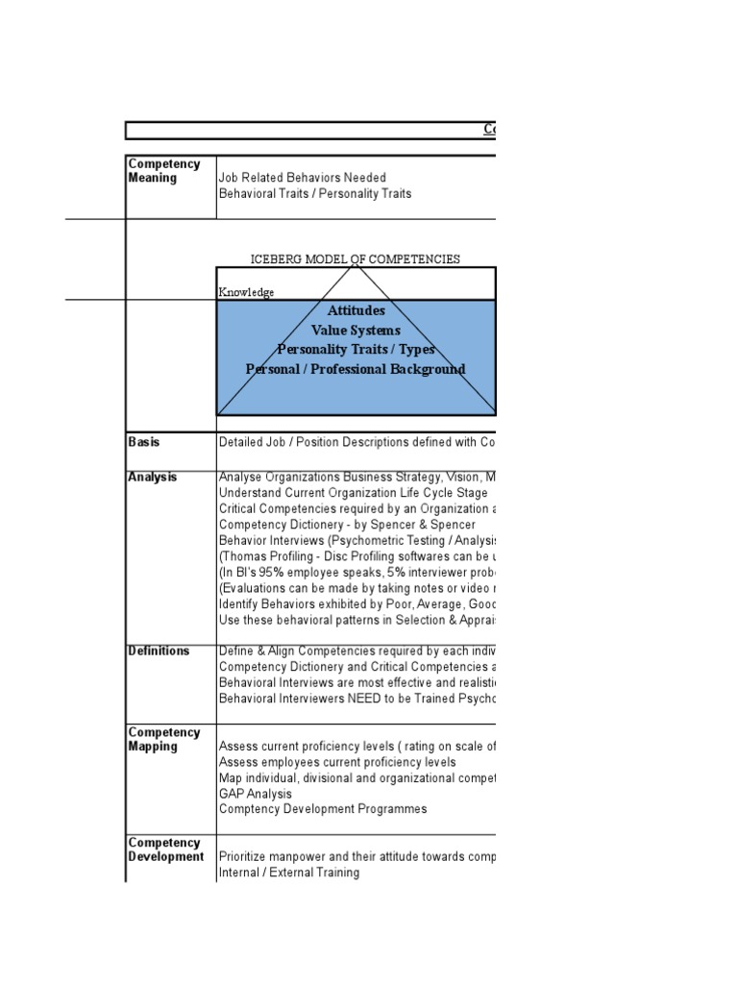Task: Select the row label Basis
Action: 144,442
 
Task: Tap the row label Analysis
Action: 152,477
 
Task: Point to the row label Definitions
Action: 159,651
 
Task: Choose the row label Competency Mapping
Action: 163,740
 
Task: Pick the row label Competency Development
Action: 165,849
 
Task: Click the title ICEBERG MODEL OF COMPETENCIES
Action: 355,259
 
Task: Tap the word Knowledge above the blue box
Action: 246,292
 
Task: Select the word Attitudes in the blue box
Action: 356,311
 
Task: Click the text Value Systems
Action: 356,331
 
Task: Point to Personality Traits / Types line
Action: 356,350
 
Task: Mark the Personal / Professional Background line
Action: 356,369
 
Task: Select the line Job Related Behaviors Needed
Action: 302,178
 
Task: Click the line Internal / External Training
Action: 289,873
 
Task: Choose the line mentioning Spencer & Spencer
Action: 347,525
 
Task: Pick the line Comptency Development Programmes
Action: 323,809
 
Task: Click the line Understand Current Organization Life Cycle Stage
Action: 347,492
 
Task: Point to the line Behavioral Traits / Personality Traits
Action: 315,193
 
